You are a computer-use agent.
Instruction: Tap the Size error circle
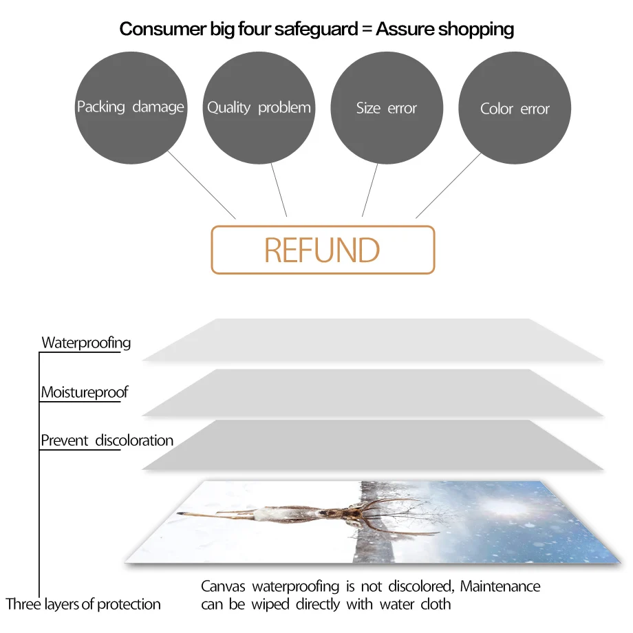coord(387,107)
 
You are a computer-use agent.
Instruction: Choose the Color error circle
coord(515,108)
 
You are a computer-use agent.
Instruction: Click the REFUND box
coord(323,250)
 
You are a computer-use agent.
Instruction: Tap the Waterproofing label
coord(86,343)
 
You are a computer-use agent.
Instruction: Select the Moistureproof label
coord(84,393)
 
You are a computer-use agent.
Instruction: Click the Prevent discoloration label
coord(107,440)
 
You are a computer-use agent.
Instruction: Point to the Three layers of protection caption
coord(83,605)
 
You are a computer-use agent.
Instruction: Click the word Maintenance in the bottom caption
coord(500,587)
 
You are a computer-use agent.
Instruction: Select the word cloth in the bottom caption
coord(436,605)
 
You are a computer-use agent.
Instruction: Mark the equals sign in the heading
coord(367,30)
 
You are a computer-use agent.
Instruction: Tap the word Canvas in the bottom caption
coord(224,587)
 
